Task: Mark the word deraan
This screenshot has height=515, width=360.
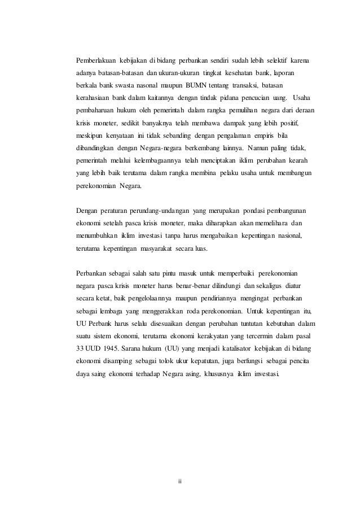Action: [302, 110]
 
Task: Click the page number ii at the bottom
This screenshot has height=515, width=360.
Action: [180, 482]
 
